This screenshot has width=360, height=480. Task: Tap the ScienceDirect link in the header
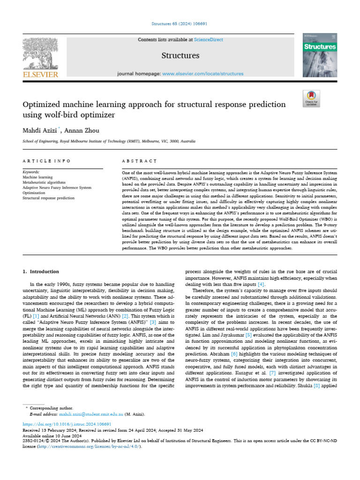pyautogui.click(x=209, y=40)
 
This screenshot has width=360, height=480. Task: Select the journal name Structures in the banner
pyautogui.click(x=180, y=56)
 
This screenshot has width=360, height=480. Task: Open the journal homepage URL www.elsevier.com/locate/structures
pyautogui.click(x=202, y=74)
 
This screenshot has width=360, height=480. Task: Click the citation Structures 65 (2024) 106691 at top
pyautogui.click(x=180, y=23)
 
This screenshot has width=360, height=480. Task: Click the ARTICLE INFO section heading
pyautogui.click(x=46, y=161)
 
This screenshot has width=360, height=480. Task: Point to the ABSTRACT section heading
pyautogui.click(x=139, y=161)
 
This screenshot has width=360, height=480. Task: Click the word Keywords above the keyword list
pyautogui.click(x=31, y=172)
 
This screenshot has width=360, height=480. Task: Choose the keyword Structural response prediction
pyautogui.click(x=48, y=198)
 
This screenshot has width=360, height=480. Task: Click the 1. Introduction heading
pyautogui.click(x=41, y=271)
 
